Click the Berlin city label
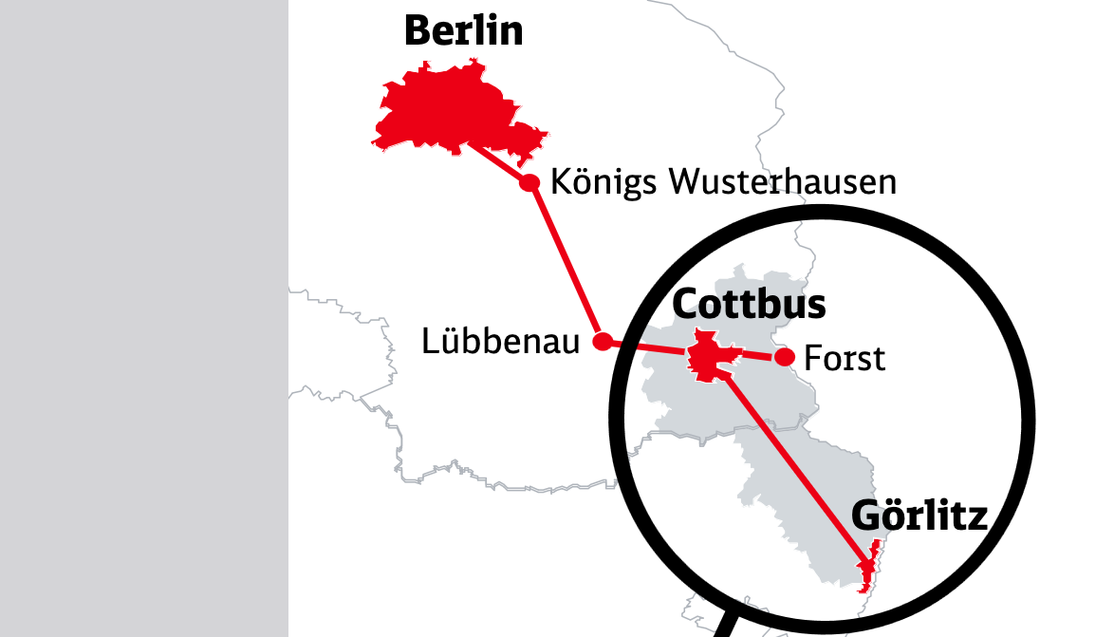point(463,31)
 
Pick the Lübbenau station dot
point(602,342)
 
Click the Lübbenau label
point(500,342)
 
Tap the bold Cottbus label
point(749,305)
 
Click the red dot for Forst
point(785,357)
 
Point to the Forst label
point(844,359)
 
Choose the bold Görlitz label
point(919,516)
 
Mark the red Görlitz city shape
point(866,570)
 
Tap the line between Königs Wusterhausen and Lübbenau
point(566,262)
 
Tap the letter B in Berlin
point(417,31)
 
